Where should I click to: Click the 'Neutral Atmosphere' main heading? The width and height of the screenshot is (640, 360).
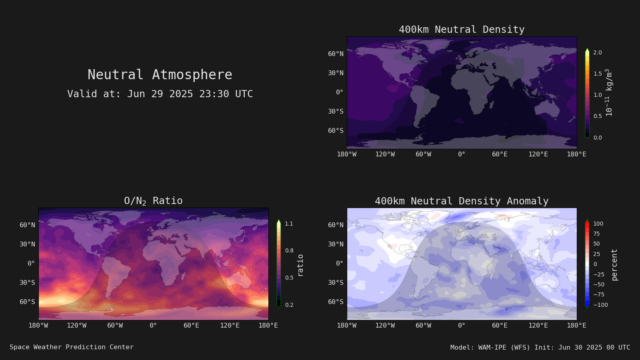(160, 74)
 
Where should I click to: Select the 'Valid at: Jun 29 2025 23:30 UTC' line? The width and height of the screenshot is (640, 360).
(160, 94)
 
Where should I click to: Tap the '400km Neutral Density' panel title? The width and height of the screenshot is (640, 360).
(462, 30)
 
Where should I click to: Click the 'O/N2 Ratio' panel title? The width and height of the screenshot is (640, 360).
(153, 201)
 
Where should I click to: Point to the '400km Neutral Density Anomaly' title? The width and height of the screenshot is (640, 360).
(462, 201)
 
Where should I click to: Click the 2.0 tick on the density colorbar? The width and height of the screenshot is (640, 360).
(598, 52)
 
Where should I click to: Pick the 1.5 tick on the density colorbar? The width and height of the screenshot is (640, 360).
(598, 74)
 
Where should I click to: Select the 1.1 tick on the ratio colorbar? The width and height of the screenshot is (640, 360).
(289, 224)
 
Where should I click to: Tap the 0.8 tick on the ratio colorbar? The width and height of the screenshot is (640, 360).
(289, 250)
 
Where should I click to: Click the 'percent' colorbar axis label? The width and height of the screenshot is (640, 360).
(614, 265)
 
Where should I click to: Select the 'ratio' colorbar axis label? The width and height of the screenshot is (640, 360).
(300, 266)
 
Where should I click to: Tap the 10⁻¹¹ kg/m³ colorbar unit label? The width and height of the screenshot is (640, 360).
(608, 92)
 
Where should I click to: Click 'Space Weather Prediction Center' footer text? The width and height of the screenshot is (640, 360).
(72, 347)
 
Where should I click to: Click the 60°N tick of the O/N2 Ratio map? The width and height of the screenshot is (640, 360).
(27, 225)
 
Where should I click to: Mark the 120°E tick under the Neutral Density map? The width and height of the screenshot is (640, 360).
(538, 154)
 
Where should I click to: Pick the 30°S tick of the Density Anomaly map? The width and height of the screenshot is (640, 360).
(336, 282)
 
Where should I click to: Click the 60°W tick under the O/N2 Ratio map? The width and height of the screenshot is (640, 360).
(115, 326)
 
